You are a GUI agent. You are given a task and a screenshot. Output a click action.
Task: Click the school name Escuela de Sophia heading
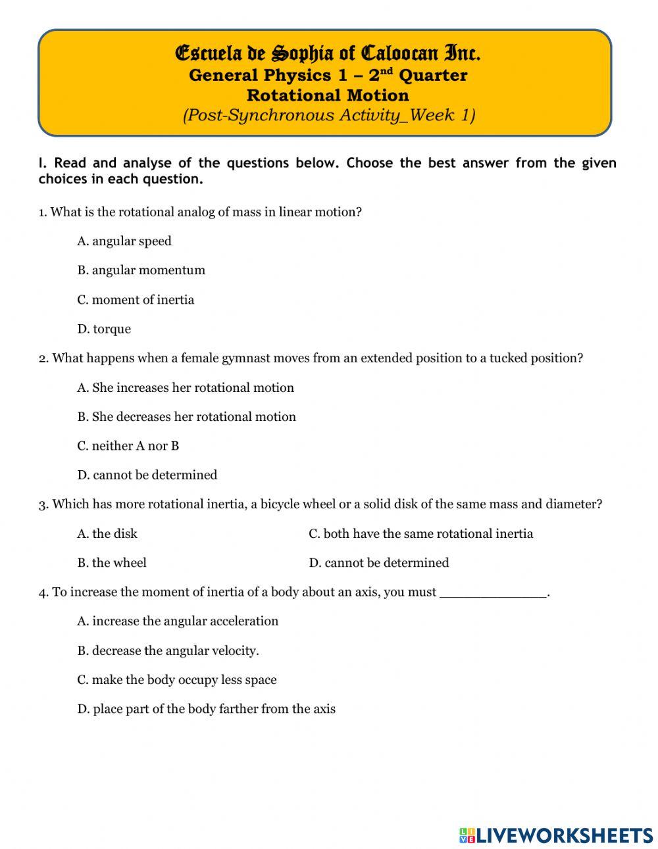pos(328,52)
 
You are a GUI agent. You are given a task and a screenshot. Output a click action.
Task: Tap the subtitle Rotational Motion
pos(328,95)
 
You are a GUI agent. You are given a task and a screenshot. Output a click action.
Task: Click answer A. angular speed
pos(124,241)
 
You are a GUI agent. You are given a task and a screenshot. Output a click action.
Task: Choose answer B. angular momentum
pos(141,270)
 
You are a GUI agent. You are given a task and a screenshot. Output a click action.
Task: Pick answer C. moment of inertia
pos(136,300)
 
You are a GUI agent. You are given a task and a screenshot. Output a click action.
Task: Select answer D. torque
pos(104,329)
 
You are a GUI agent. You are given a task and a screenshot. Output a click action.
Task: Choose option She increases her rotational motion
pos(186,388)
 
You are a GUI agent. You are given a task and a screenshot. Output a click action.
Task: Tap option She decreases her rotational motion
pos(186,417)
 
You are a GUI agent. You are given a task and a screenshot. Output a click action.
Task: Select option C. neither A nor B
pos(128,446)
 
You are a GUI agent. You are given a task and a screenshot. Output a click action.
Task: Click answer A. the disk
pos(107,534)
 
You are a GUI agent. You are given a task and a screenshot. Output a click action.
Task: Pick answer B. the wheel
pos(112,563)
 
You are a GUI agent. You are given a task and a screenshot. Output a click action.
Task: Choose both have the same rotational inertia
pos(421,534)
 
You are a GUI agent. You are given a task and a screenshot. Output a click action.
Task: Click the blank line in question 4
pos(492,593)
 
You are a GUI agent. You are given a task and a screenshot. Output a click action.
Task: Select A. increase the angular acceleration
pos(178,621)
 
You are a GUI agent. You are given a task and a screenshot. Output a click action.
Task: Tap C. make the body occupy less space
pos(176,680)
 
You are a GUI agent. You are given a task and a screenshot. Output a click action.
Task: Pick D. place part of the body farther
pos(206,709)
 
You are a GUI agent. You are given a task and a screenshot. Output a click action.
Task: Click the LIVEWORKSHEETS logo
pos(556,835)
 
